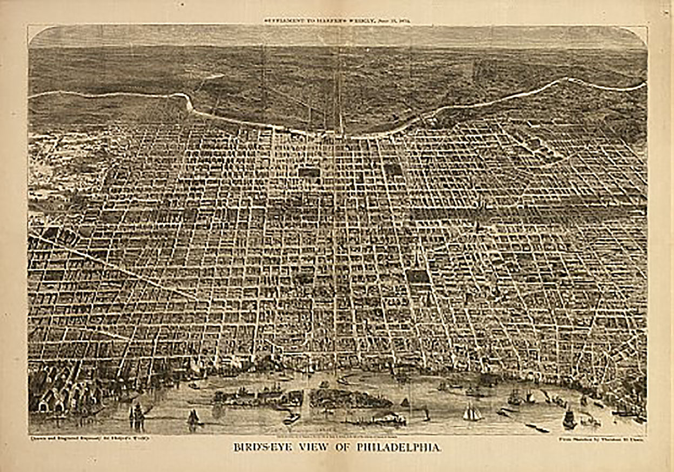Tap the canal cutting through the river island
click(306, 398)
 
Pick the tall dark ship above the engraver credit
click(137, 415)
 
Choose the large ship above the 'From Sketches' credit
click(569, 418)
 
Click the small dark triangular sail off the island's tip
click(404, 402)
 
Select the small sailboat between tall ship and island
click(193, 416)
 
